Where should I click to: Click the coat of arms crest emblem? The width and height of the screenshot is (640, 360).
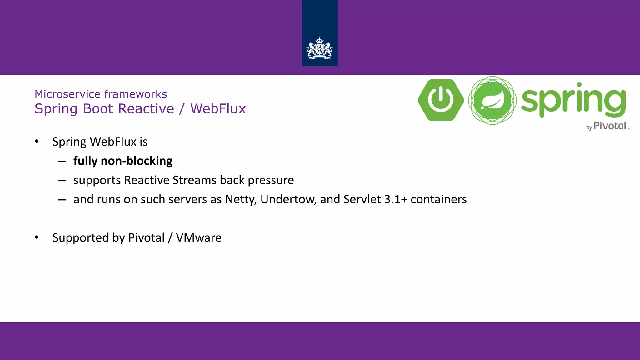coord(319,48)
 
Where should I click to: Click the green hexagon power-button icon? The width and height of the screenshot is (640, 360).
coord(441,100)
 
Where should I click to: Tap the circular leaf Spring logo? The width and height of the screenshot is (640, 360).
coord(492,100)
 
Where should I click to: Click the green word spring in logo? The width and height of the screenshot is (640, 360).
coord(573,100)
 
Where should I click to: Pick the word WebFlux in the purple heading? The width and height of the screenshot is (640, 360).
coord(218,109)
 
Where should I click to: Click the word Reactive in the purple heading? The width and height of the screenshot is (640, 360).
coord(146,109)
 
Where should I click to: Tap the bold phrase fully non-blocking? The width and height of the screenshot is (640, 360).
coord(123,161)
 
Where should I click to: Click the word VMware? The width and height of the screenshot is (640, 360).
coord(199,238)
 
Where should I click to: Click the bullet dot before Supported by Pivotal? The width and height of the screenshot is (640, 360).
coord(37,237)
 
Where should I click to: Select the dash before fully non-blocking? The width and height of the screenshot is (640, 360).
coord(62,161)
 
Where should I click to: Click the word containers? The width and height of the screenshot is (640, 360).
coord(438,199)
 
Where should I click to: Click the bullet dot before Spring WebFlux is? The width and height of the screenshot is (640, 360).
coord(37,142)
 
